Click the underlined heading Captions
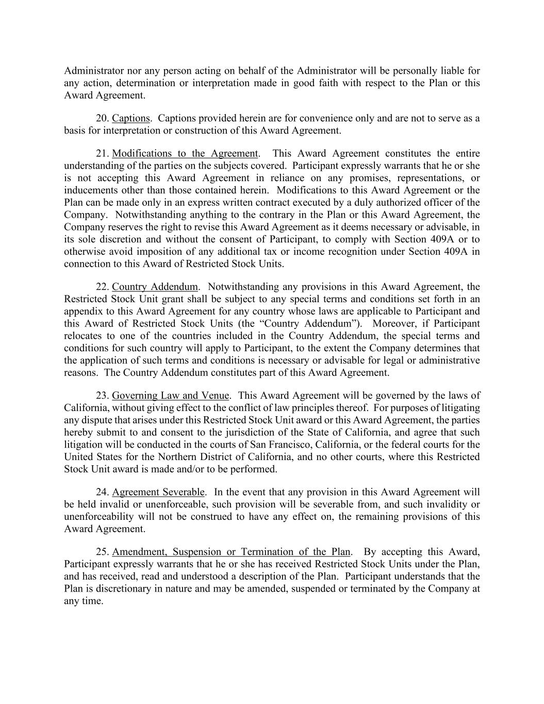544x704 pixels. click(130, 118)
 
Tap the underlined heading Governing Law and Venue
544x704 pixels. click(170, 396)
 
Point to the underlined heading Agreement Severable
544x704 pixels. click(158, 492)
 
